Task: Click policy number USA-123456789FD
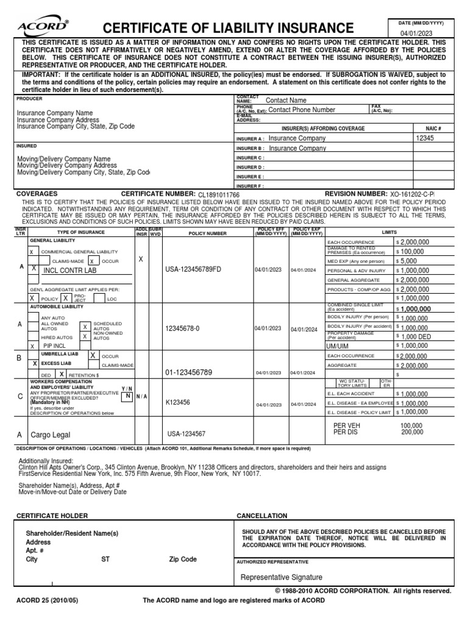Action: coord(193,269)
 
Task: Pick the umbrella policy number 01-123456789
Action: coord(189,372)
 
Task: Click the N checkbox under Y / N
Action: coord(127,396)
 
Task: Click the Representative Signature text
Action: coord(282,578)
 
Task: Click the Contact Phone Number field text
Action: coord(302,110)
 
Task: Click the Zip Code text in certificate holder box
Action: coord(183,559)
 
